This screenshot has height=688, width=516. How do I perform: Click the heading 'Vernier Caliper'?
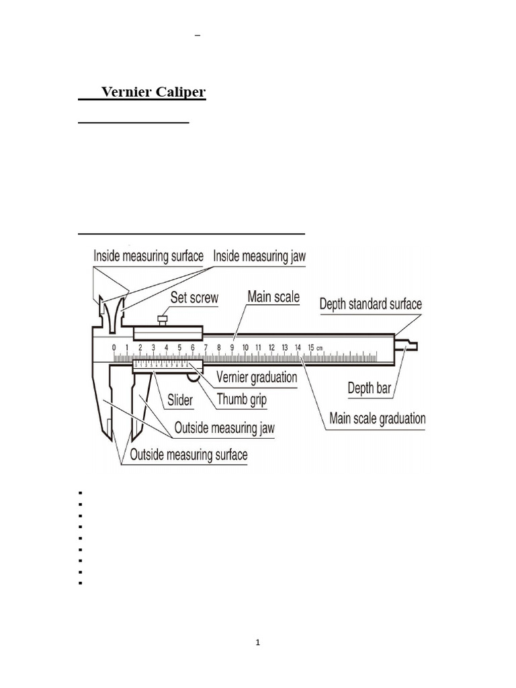(x=153, y=93)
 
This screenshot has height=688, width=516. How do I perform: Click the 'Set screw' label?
(x=194, y=298)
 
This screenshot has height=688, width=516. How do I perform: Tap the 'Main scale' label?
(x=273, y=296)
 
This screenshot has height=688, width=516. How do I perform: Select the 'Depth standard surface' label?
(x=370, y=304)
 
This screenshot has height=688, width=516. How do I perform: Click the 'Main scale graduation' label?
(x=377, y=419)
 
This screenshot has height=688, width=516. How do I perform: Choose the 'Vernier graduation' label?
(x=255, y=378)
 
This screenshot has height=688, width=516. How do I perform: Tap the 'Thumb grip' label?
(x=242, y=400)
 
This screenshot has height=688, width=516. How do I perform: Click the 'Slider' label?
(x=179, y=400)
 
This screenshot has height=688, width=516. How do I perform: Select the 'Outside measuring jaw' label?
(x=224, y=427)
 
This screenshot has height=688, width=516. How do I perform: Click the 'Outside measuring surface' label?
(x=188, y=455)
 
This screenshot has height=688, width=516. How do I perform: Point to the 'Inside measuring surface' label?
(x=148, y=256)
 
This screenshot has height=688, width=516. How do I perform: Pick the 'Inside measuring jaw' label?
(x=259, y=256)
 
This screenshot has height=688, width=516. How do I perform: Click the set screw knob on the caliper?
(x=161, y=318)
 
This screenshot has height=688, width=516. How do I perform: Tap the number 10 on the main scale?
(x=245, y=347)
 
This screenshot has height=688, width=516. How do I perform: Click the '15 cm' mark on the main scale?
(x=312, y=347)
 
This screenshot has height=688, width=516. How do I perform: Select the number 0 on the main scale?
(x=114, y=347)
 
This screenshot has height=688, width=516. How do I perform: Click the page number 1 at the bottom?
(x=258, y=642)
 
